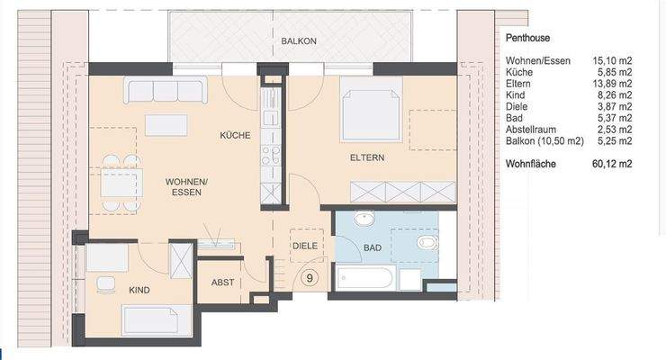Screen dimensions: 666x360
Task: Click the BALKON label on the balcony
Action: click(x=299, y=41)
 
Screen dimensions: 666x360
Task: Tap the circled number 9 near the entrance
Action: click(x=310, y=277)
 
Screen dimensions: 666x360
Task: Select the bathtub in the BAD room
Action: click(x=364, y=277)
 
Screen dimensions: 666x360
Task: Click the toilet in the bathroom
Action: click(x=427, y=242)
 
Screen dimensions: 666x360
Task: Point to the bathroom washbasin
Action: click(x=364, y=220)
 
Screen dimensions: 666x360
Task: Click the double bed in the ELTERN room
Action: click(x=371, y=109)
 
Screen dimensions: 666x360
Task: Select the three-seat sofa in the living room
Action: click(x=166, y=90)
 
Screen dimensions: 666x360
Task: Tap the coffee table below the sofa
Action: click(x=166, y=125)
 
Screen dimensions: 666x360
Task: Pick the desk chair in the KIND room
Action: click(x=106, y=284)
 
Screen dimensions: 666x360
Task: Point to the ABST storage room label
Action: click(x=222, y=283)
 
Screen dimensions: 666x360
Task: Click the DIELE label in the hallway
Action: click(x=305, y=246)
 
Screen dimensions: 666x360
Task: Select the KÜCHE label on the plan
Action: click(x=235, y=135)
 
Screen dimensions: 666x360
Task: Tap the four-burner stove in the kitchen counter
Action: click(x=271, y=155)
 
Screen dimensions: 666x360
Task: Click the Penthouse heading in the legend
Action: click(x=527, y=38)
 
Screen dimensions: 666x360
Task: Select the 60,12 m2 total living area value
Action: click(x=612, y=164)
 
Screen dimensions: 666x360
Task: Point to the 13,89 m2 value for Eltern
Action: click(x=612, y=84)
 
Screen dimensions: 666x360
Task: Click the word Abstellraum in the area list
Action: click(x=530, y=130)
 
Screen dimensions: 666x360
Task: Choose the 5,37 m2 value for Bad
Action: click(x=615, y=118)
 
